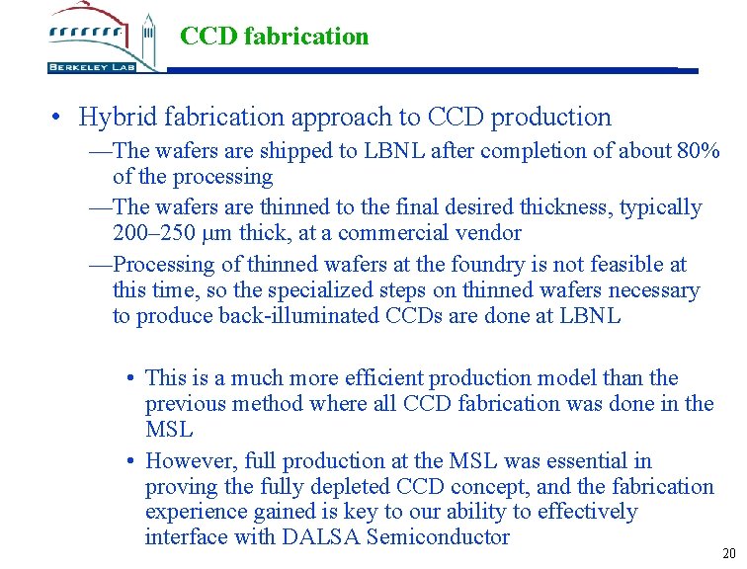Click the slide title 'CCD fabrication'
tap(274, 37)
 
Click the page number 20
tap(729, 553)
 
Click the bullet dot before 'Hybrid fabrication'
tap(60, 118)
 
